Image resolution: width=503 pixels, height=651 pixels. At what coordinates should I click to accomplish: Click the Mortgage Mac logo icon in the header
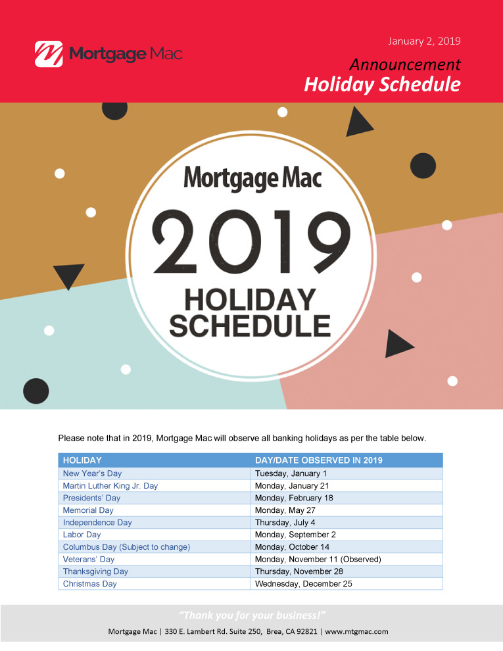point(49,54)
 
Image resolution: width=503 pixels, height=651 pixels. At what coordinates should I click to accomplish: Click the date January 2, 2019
point(424,41)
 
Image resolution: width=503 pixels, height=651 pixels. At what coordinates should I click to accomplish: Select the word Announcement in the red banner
point(404,64)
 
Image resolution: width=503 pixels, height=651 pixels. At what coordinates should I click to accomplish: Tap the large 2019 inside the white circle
point(251,242)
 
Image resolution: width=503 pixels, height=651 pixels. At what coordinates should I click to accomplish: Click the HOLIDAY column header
point(82,460)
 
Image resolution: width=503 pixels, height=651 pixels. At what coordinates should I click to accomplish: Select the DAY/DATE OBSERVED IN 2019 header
point(319,460)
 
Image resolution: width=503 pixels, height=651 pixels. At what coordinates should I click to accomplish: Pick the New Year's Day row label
point(92,473)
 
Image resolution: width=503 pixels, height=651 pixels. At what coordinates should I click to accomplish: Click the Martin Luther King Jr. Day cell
point(110,486)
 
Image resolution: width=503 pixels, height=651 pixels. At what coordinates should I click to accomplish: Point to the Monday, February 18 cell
point(294,498)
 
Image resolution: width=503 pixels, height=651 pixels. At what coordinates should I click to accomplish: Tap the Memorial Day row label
point(88,510)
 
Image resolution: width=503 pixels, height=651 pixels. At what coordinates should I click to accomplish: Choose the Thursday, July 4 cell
point(285,522)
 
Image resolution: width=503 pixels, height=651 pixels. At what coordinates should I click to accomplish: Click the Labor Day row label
point(82,535)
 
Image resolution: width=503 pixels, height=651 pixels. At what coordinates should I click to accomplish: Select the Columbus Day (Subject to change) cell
point(127,547)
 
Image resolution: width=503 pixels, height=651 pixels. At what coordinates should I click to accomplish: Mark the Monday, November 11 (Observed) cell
point(318,559)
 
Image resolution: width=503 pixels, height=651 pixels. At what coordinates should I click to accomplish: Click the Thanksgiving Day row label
point(95,571)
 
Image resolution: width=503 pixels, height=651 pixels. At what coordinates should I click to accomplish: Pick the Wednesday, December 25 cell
point(303,584)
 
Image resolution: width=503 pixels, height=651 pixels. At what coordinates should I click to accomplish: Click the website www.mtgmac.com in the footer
point(356,631)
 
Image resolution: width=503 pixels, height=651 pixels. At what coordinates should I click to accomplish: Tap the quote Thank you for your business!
point(252,615)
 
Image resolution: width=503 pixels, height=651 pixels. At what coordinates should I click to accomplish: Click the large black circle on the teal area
point(36,391)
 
